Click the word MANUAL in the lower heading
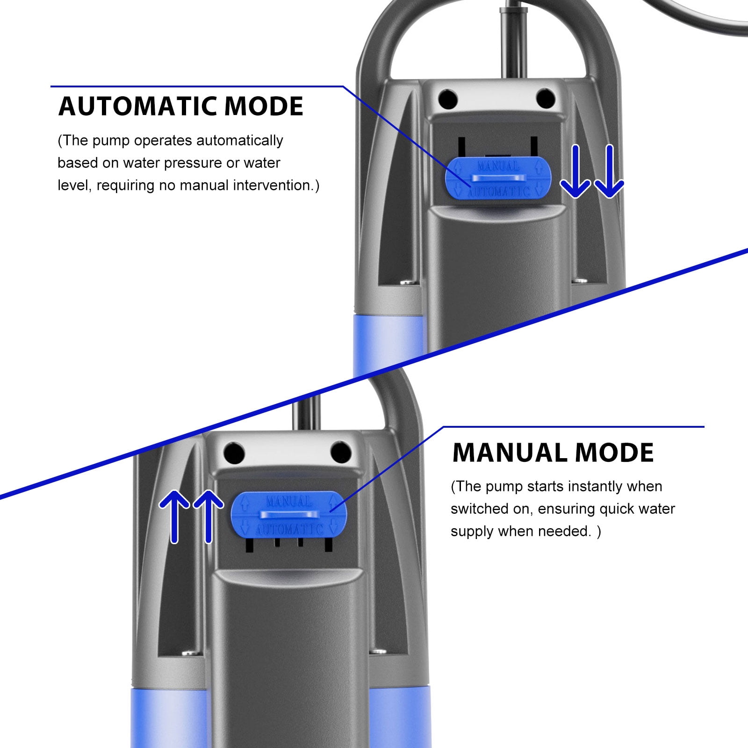pyautogui.click(x=510, y=453)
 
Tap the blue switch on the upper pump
pyautogui.click(x=498, y=178)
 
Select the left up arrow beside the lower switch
pyautogui.click(x=174, y=517)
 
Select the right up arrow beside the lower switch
pyautogui.click(x=208, y=517)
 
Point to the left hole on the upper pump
pyautogui.click(x=448, y=99)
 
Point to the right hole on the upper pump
pyautogui.click(x=545, y=99)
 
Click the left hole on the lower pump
pyautogui.click(x=234, y=453)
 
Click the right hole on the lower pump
pyautogui.click(x=340, y=452)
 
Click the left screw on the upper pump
pyautogui.click(x=408, y=282)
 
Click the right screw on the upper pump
pyautogui.click(x=580, y=280)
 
